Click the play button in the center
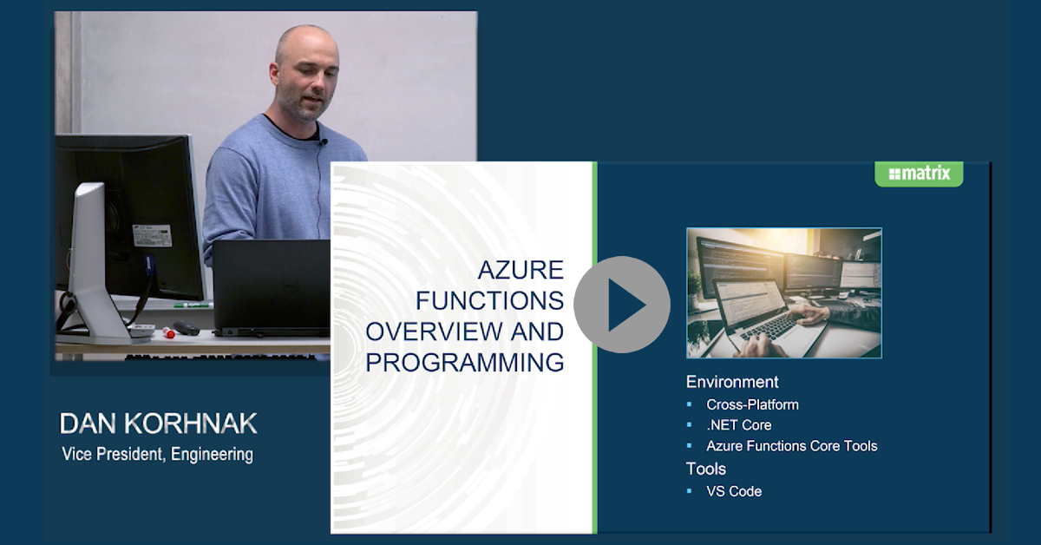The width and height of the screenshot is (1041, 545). click(622, 305)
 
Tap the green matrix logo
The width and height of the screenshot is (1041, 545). click(919, 174)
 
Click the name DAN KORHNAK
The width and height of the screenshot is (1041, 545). click(158, 424)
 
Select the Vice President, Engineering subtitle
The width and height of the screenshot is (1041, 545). click(158, 455)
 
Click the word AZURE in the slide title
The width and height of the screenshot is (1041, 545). click(520, 270)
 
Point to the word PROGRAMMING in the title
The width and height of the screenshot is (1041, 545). click(465, 362)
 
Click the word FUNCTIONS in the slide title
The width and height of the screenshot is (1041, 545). click(490, 300)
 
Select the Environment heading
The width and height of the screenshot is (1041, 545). click(732, 382)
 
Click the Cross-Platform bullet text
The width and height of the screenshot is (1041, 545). click(752, 404)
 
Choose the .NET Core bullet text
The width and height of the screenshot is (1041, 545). click(739, 425)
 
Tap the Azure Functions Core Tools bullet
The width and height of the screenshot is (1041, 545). click(792, 446)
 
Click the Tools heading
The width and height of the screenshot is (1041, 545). click(706, 469)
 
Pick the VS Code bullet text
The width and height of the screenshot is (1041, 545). click(734, 491)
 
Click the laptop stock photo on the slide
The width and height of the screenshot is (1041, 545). click(784, 293)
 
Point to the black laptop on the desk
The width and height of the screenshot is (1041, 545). click(272, 288)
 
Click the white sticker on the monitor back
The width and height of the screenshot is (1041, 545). click(153, 236)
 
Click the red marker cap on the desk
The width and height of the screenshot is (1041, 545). click(168, 333)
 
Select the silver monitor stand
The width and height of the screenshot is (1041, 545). click(97, 265)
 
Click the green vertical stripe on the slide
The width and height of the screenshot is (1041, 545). click(594, 347)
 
